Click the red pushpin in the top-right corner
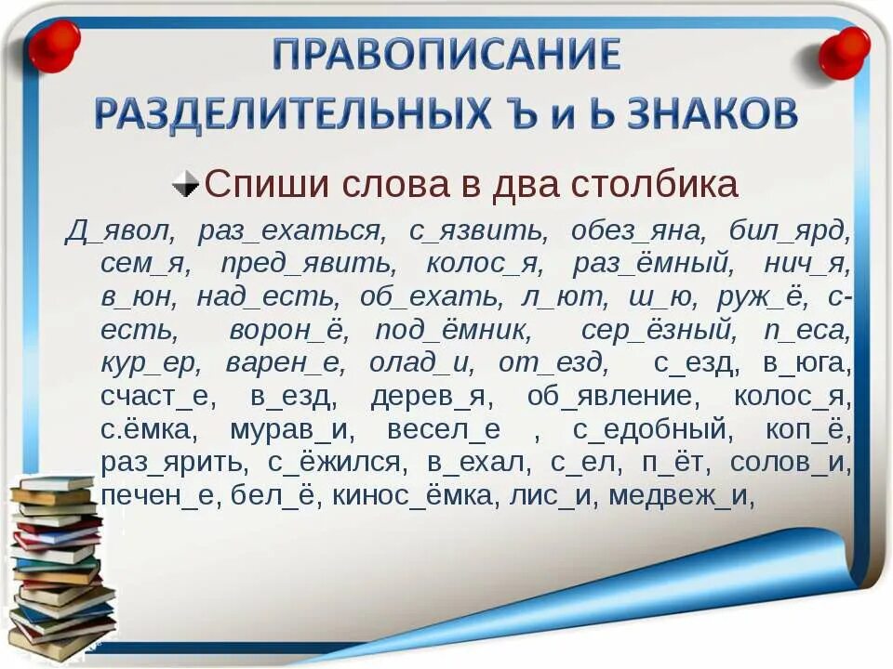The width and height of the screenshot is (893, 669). click(x=844, y=51)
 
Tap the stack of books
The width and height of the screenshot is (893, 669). click(x=61, y=567)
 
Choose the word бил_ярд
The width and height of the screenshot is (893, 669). click(x=789, y=230)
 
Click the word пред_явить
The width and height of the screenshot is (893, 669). click(x=308, y=264)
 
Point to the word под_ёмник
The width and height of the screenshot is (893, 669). click(x=453, y=331)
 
